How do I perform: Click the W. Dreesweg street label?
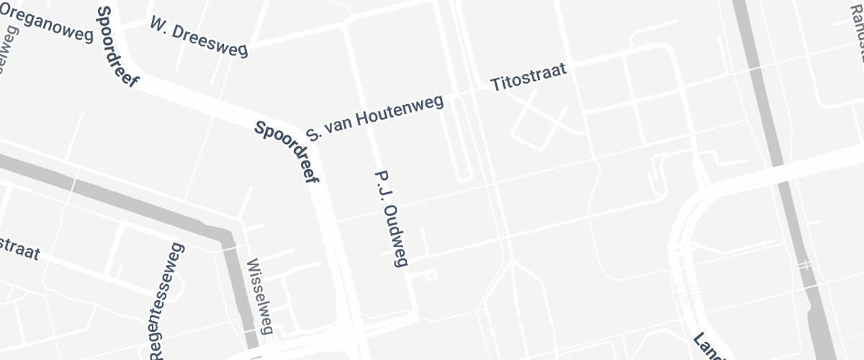(x=199, y=37)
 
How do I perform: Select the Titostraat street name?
(x=529, y=76)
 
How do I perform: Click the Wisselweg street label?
(x=260, y=297)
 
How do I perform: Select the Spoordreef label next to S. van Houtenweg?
(x=287, y=152)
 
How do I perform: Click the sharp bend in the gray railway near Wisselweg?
(x=227, y=237)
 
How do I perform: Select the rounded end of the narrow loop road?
(x=464, y=176)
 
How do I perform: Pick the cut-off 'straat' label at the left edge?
(x=19, y=248)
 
